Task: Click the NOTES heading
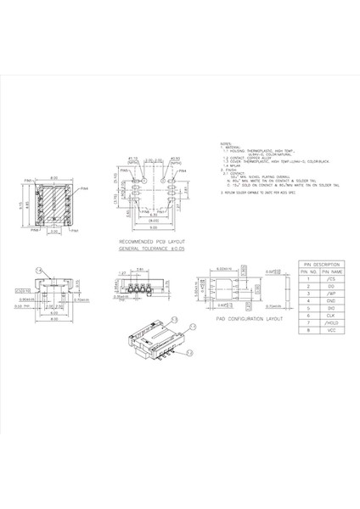tap(225, 143)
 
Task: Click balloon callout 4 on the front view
tap(39, 270)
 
